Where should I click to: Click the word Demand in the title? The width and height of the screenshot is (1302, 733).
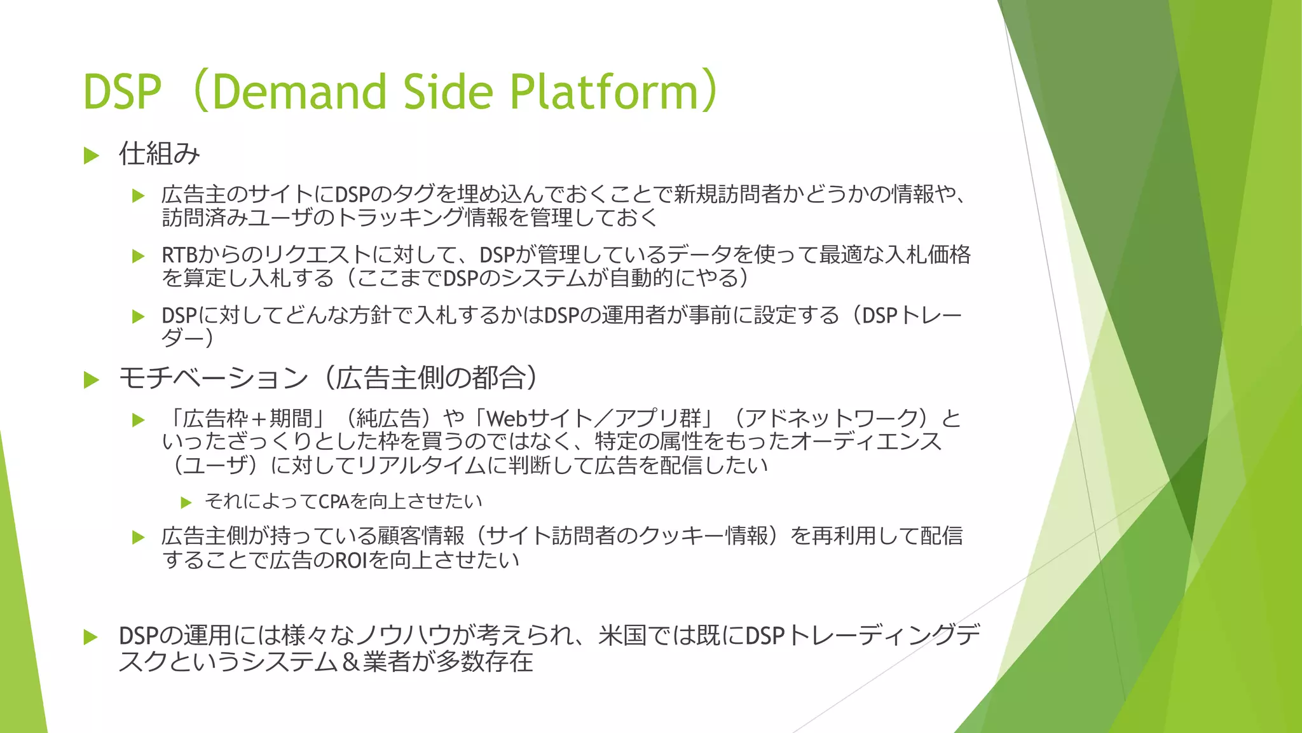click(299, 92)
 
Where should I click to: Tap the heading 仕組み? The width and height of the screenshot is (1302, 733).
click(160, 154)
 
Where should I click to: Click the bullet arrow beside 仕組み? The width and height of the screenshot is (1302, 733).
click(92, 155)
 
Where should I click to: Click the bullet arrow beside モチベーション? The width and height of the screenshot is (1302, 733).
click(92, 380)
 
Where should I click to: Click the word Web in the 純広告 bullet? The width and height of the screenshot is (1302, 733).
click(507, 419)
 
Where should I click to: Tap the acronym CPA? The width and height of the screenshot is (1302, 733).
click(334, 502)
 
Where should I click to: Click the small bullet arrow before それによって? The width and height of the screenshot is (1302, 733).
click(186, 503)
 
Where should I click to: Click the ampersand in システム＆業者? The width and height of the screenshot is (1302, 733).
click(352, 662)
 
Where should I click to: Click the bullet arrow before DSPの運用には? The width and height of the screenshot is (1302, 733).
click(91, 637)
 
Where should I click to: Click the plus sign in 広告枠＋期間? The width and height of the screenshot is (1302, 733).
click(258, 419)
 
